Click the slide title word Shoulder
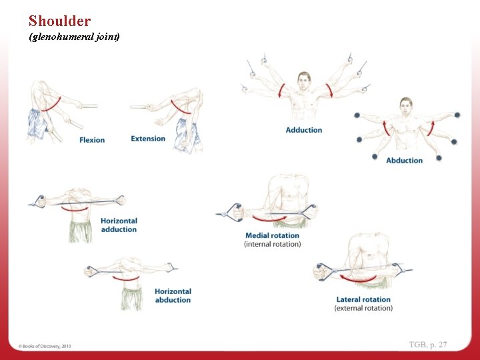(x=59, y=21)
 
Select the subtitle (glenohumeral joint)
(x=74, y=37)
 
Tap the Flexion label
(x=92, y=140)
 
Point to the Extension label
(x=148, y=139)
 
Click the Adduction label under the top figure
(x=303, y=130)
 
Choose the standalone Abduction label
(x=404, y=161)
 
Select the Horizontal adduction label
(x=119, y=225)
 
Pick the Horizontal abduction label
(x=173, y=295)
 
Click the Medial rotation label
(x=272, y=235)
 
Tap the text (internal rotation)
(x=272, y=244)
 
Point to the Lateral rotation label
(x=363, y=299)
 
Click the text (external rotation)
(x=363, y=308)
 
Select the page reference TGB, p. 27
(x=428, y=345)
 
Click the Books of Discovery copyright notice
(x=45, y=346)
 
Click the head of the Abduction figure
(x=406, y=105)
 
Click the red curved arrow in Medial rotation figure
(x=269, y=218)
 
